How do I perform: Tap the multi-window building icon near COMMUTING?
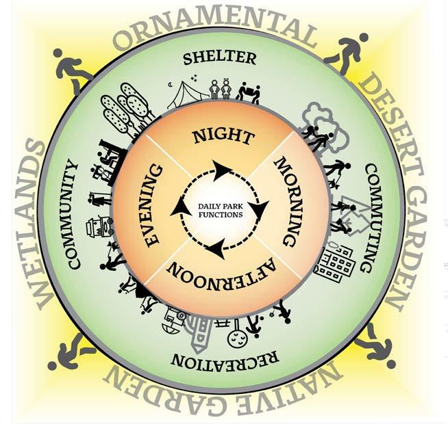click(333, 260)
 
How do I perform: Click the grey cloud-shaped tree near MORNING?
click(318, 123)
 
